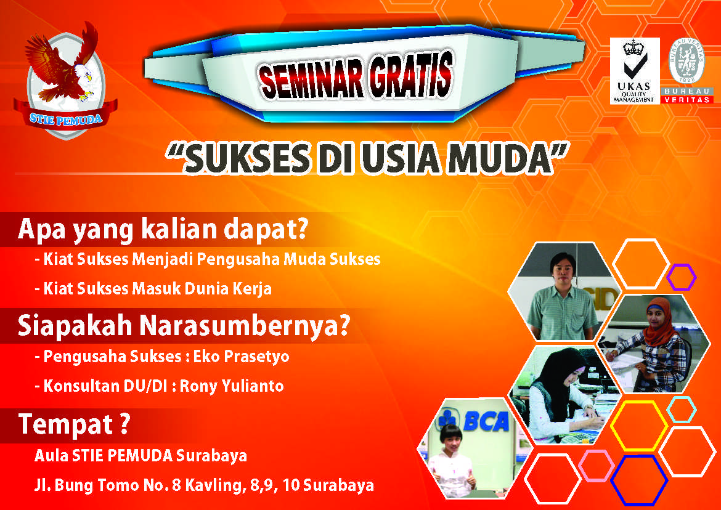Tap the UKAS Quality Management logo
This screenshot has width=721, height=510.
[x=635, y=71]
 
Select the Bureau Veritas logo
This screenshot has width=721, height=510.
[x=686, y=70]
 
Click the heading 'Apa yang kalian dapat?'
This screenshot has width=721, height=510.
[x=162, y=229]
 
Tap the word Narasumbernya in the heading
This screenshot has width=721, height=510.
[x=244, y=325]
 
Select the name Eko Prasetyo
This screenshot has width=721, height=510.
[x=241, y=357]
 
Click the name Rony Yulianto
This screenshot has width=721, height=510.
[x=231, y=386]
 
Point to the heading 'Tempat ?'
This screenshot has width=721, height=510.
[x=73, y=424]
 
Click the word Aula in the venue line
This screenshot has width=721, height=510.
[x=52, y=456]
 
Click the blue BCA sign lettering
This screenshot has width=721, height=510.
[x=485, y=421]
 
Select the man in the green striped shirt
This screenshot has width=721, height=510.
[x=563, y=296]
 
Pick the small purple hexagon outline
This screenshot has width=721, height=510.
[x=681, y=277]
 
